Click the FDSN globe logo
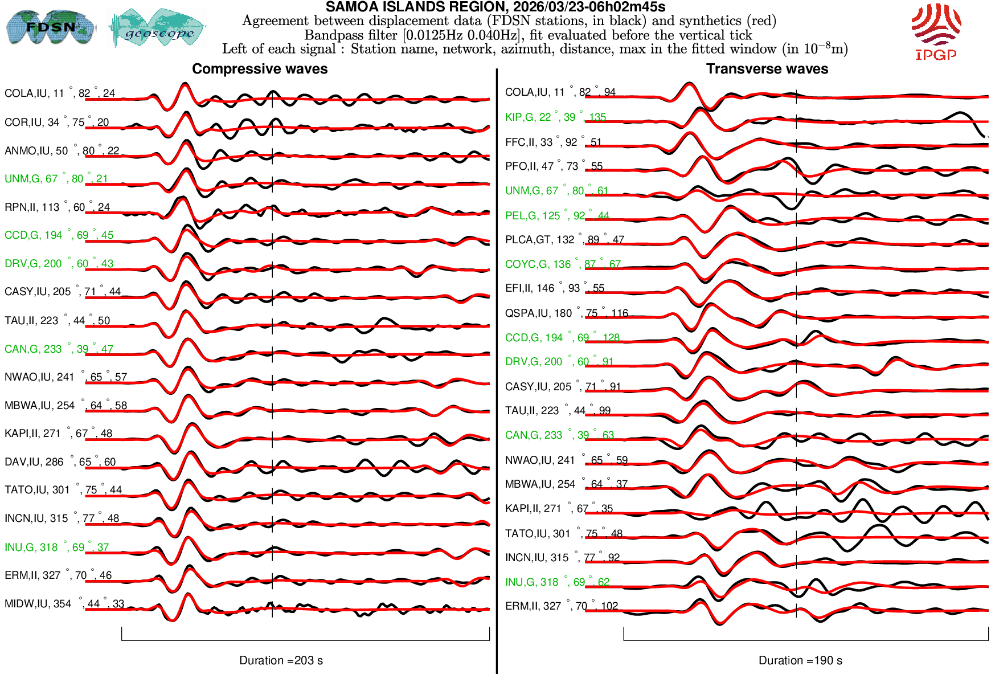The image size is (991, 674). point(50,27)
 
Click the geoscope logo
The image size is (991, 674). point(158,28)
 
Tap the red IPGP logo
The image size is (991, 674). point(936,31)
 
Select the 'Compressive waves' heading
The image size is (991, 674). point(260,69)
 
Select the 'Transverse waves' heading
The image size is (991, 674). point(767,69)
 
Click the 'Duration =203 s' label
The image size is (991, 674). point(281,660)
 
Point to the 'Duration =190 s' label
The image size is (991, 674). point(800,660)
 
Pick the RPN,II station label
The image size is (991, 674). point(57,207)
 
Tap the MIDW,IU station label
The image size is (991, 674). point(64,603)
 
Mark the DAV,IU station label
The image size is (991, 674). point(60,461)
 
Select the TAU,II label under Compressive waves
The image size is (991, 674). point(57,320)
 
